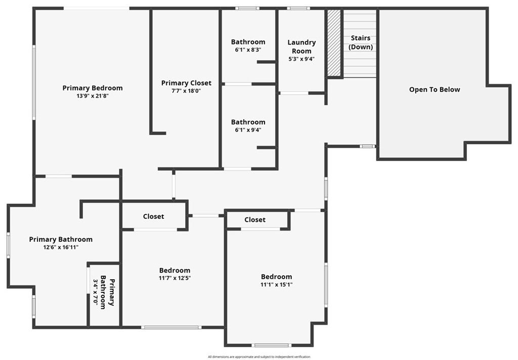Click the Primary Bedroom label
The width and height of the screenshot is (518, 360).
[x=93, y=88]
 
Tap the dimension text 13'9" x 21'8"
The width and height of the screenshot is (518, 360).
[x=93, y=96]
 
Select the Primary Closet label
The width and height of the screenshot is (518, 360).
[x=186, y=83]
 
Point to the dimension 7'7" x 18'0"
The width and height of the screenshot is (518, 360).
[x=186, y=91]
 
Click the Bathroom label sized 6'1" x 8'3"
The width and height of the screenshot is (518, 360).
[x=248, y=42]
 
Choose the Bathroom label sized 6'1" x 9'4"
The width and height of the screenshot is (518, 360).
[x=248, y=122]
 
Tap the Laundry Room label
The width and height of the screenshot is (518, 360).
[x=301, y=47]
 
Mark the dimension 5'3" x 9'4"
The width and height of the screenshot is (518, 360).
[x=301, y=59]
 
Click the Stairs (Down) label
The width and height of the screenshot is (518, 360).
[x=360, y=42]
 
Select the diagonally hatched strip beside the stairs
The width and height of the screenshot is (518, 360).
[x=334, y=43]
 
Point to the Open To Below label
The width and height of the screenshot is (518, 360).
[x=435, y=89]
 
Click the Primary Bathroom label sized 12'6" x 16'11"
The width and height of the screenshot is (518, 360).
[x=61, y=239]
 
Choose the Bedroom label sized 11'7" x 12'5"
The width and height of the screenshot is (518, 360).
[x=175, y=270]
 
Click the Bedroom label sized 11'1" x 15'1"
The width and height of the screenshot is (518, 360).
[x=276, y=277]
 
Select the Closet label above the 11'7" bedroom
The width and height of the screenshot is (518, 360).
[x=153, y=216]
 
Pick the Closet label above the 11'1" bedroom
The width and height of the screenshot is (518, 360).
[x=255, y=219]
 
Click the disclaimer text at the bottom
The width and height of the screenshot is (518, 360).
[x=258, y=356]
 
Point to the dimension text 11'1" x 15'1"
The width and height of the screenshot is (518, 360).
[x=276, y=285]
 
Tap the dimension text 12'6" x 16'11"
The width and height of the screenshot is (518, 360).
[x=61, y=247]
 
